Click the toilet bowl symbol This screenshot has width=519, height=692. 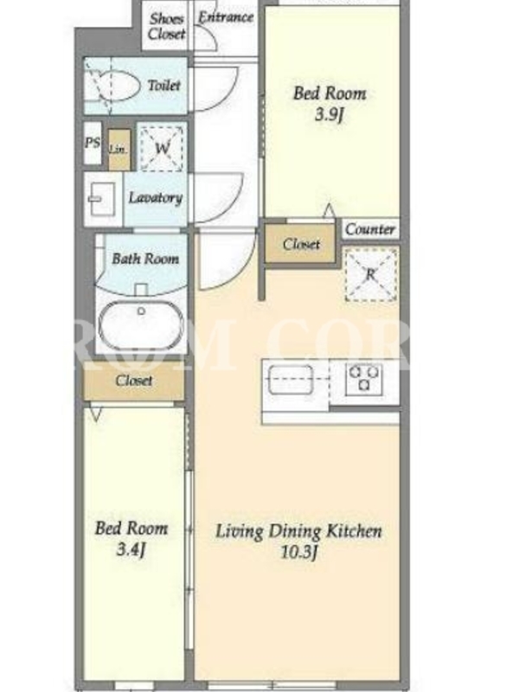pyautogui.click(x=112, y=86)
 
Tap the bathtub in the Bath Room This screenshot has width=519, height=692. pyautogui.click(x=141, y=326)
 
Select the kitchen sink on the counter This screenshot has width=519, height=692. pyautogui.click(x=291, y=380)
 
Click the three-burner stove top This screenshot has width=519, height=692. pyautogui.click(x=363, y=378)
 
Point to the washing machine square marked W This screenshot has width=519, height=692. pyautogui.click(x=162, y=148)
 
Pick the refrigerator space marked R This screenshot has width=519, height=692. pyautogui.click(x=371, y=274)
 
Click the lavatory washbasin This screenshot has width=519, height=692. pyautogui.click(x=102, y=199)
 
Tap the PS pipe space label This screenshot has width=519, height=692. pyautogui.click(x=93, y=143)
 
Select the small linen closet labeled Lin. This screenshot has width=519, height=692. pyautogui.click(x=119, y=149)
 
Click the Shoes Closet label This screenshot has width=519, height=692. pyautogui.click(x=167, y=27)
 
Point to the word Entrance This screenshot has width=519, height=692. pyautogui.click(x=226, y=17)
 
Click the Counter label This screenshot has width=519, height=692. pyautogui.click(x=370, y=229)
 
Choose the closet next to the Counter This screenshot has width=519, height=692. pyautogui.click(x=300, y=244)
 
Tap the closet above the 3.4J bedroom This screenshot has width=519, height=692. pyautogui.click(x=134, y=381)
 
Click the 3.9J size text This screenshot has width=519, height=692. pyautogui.click(x=330, y=115)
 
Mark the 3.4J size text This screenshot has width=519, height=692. pyautogui.click(x=131, y=550)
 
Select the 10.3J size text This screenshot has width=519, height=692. pyautogui.click(x=299, y=552)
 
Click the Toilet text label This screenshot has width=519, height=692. pyautogui.click(x=163, y=85)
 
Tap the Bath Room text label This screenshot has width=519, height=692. pyautogui.click(x=145, y=259)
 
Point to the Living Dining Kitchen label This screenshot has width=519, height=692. pyautogui.click(x=298, y=531)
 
